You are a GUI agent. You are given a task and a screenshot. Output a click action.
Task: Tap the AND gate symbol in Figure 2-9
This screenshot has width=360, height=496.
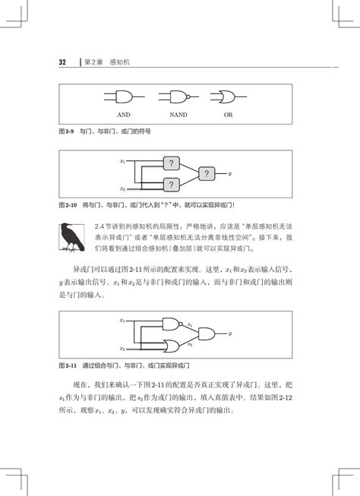coord(123,96)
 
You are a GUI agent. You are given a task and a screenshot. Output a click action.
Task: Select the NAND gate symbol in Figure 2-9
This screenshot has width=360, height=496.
coord(178,96)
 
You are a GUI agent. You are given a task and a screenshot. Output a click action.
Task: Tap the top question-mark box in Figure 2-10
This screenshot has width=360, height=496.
coord(172,163)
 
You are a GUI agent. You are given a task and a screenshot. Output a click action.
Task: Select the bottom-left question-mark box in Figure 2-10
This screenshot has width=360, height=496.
coord(172,184)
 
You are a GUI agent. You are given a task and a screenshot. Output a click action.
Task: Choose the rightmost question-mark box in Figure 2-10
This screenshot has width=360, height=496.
coord(206,174)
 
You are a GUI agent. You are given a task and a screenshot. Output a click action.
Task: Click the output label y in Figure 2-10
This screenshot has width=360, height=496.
coord(229,174)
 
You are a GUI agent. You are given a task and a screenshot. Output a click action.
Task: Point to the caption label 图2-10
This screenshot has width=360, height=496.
coord(69,205)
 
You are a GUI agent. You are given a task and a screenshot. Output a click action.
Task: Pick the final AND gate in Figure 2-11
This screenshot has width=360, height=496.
coord(206,333)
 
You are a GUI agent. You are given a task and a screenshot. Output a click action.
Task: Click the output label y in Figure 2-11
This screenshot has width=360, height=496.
coord(229,333)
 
